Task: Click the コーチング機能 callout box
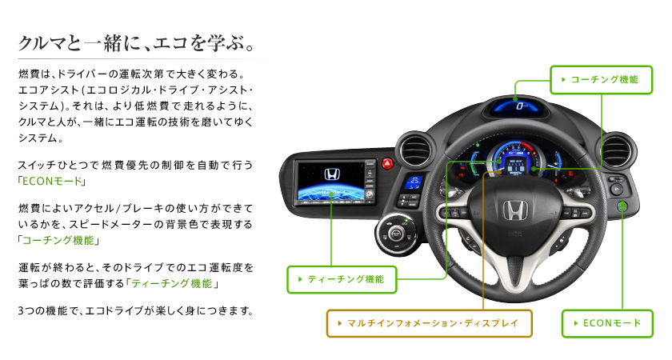599,79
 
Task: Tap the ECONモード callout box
607,323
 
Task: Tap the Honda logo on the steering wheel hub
512,212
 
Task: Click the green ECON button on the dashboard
622,207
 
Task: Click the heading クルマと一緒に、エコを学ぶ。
137,41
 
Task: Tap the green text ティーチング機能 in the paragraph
174,283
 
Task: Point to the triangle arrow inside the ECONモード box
575,323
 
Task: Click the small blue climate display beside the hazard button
414,182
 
